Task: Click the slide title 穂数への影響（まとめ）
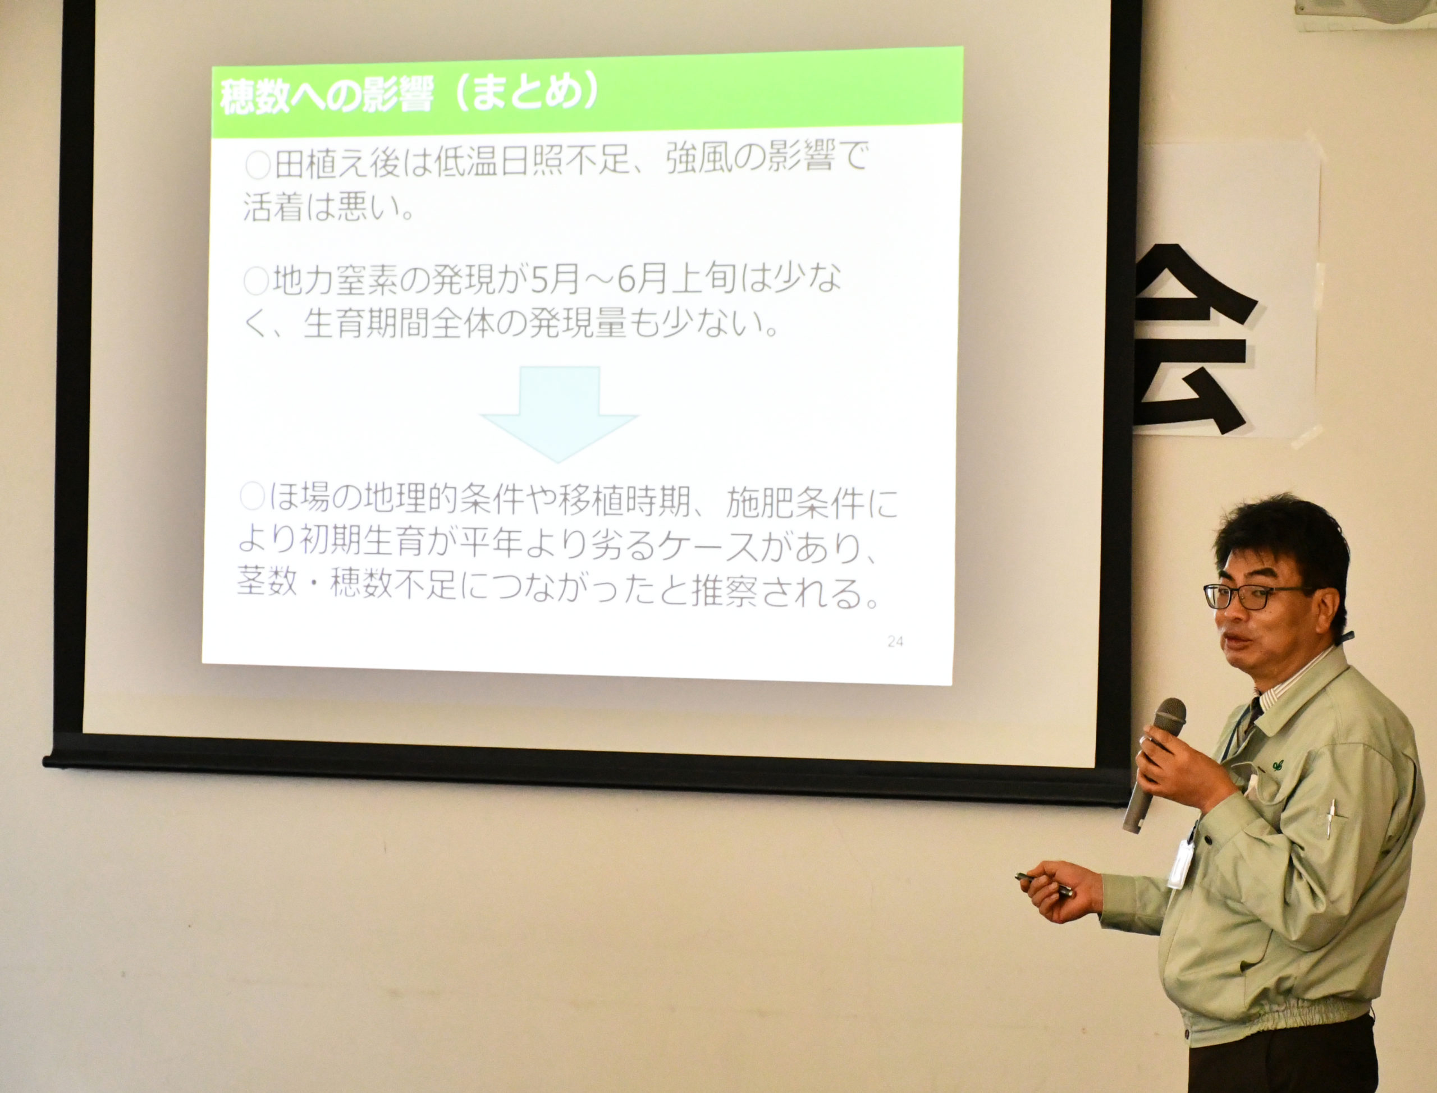pos(409,98)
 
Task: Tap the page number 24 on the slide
pos(895,641)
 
